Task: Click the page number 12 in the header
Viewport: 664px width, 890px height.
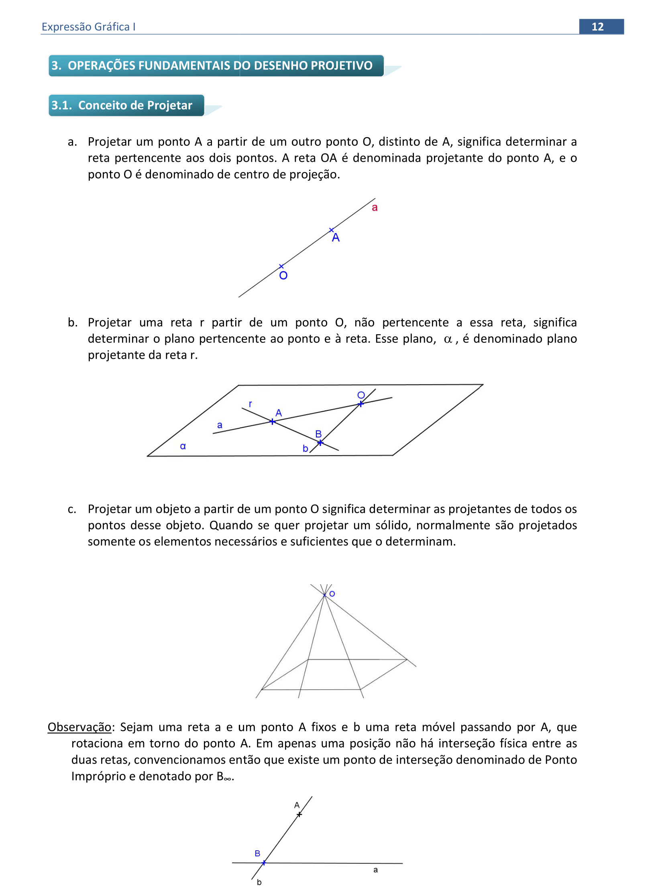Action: [x=597, y=27]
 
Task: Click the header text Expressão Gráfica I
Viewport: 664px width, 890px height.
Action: [x=88, y=27]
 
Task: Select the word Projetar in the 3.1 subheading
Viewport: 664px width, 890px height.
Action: [x=170, y=105]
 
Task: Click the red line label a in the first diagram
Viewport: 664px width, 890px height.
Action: [x=375, y=208]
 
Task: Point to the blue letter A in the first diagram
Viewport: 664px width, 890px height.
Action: [x=336, y=238]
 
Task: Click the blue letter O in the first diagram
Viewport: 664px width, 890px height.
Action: [x=283, y=276]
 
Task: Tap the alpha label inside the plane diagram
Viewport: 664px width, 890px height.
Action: [x=183, y=446]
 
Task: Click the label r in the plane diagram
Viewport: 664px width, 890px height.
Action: [x=251, y=404]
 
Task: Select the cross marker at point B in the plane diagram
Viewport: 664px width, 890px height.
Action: [x=320, y=443]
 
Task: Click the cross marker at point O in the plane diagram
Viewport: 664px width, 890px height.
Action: [x=361, y=404]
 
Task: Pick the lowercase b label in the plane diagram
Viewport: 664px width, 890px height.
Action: [x=306, y=449]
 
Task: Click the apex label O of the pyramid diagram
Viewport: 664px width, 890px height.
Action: [x=332, y=594]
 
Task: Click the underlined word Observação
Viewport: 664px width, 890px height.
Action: [x=79, y=727]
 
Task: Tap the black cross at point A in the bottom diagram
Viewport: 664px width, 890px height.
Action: [x=299, y=815]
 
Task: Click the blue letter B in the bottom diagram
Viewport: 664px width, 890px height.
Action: [x=257, y=853]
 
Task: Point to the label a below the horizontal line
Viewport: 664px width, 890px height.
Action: [x=375, y=870]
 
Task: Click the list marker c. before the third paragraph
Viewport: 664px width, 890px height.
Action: [x=72, y=510]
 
